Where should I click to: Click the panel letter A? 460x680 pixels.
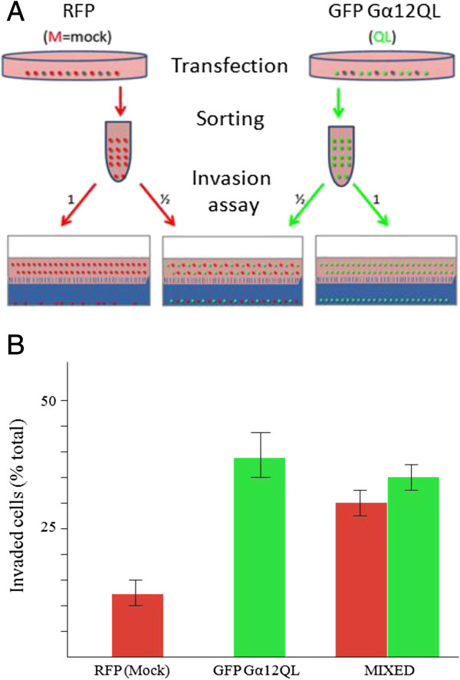click(x=15, y=11)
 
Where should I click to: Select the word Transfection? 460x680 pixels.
click(x=230, y=66)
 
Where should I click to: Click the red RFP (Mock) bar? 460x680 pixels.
click(x=137, y=625)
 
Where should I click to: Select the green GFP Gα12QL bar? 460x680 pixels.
click(x=259, y=557)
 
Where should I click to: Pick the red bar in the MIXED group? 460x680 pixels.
click(x=361, y=580)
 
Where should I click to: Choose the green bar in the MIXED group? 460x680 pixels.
click(x=413, y=567)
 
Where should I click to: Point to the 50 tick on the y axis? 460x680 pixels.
click(x=64, y=400)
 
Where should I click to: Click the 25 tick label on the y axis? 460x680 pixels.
click(x=48, y=528)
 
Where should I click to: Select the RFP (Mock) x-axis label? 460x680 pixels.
click(x=132, y=671)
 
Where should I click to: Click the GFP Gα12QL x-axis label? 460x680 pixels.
click(x=256, y=671)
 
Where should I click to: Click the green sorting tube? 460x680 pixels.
click(x=340, y=156)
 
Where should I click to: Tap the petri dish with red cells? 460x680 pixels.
click(x=74, y=65)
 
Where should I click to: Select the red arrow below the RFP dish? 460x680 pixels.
click(x=120, y=101)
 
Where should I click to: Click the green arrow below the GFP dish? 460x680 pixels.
click(x=339, y=103)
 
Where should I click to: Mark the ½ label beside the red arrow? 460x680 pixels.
click(x=165, y=200)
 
